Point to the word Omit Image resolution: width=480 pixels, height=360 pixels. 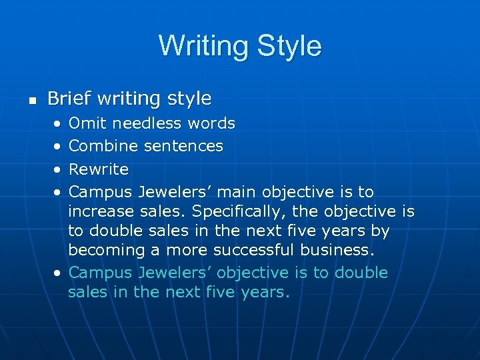point(88,123)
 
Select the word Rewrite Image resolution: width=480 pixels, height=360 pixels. point(99,169)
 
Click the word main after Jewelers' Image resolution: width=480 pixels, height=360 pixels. point(236,192)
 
